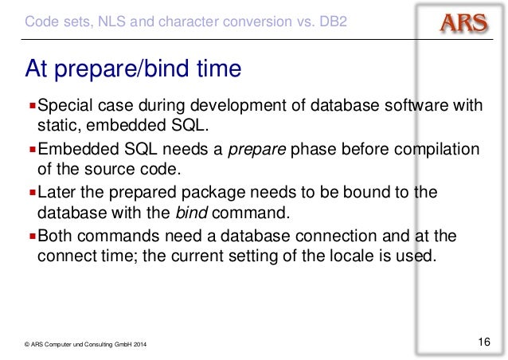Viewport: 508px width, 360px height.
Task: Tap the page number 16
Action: click(483, 342)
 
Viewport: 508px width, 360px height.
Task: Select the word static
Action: click(58, 126)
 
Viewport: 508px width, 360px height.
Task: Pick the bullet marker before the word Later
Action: click(32, 194)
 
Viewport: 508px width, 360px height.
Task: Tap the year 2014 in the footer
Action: click(139, 343)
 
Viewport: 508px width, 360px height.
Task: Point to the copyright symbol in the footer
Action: click(27, 343)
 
